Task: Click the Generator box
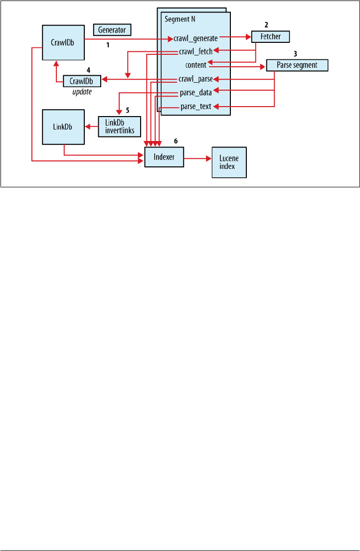click(113, 30)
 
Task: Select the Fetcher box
click(270, 36)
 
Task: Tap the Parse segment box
click(297, 65)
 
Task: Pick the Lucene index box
click(229, 162)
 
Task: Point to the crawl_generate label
click(196, 38)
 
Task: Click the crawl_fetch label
click(196, 51)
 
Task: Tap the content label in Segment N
click(195, 65)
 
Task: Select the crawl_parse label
click(196, 79)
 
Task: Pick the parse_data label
click(196, 92)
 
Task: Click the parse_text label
click(196, 106)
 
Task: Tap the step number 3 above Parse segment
click(295, 53)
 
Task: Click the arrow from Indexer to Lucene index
click(198, 159)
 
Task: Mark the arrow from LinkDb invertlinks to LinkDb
click(91, 127)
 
